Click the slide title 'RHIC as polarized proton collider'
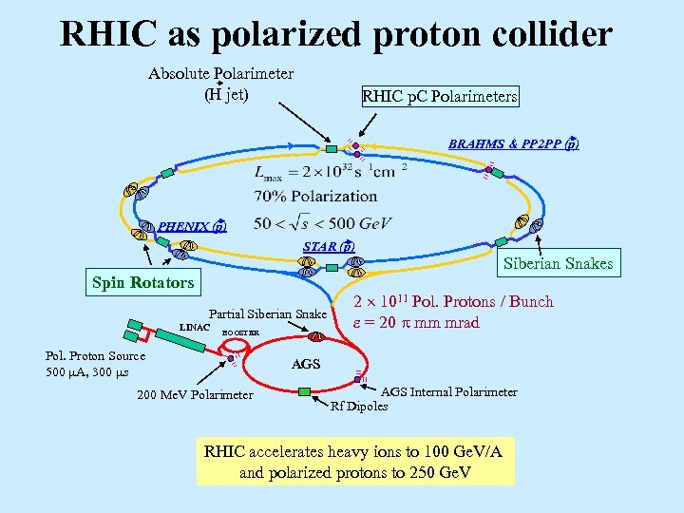pyautogui.click(x=336, y=34)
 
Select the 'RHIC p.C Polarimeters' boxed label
pyautogui.click(x=439, y=96)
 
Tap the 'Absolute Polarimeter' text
pyautogui.click(x=220, y=73)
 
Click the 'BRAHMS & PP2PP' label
pyautogui.click(x=513, y=144)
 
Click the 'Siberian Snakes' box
pyautogui.click(x=560, y=263)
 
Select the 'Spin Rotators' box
pyautogui.click(x=142, y=282)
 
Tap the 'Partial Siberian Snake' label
pyautogui.click(x=267, y=314)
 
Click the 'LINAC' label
pyautogui.click(x=194, y=328)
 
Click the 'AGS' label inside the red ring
pyautogui.click(x=305, y=364)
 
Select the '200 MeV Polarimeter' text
pyautogui.click(x=195, y=395)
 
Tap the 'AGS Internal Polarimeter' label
pyautogui.click(x=448, y=391)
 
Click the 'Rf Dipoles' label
pyautogui.click(x=358, y=407)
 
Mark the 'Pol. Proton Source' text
pyautogui.click(x=95, y=356)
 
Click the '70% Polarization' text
pyautogui.click(x=315, y=197)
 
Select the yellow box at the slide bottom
pyautogui.click(x=352, y=462)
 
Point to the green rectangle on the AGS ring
pyautogui.click(x=304, y=391)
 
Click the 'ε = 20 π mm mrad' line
pyautogui.click(x=416, y=323)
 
